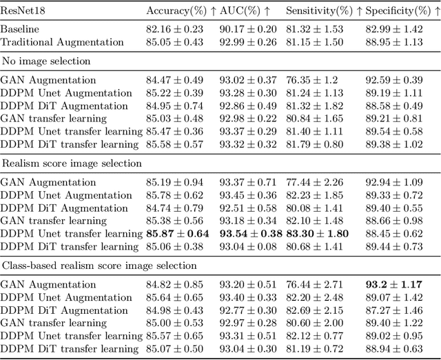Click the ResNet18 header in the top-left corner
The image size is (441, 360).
tap(23, 10)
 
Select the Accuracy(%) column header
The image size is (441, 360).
tap(177, 10)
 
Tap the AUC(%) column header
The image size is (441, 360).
tap(245, 10)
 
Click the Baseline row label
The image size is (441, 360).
tap(20, 30)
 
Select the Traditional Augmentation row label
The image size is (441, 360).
tap(62, 42)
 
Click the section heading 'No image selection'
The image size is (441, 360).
tap(46, 61)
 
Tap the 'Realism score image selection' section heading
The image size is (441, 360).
tap(72, 163)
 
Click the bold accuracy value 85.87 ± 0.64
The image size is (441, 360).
tap(177, 234)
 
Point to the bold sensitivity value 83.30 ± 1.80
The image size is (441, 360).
tap(317, 234)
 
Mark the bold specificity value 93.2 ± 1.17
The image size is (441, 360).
tap(395, 284)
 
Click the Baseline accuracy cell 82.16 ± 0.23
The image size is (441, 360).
tap(174, 30)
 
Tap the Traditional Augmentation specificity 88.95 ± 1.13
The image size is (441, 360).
tap(393, 42)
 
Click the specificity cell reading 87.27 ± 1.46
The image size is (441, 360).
tap(393, 310)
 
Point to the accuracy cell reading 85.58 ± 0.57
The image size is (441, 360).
tap(174, 143)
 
